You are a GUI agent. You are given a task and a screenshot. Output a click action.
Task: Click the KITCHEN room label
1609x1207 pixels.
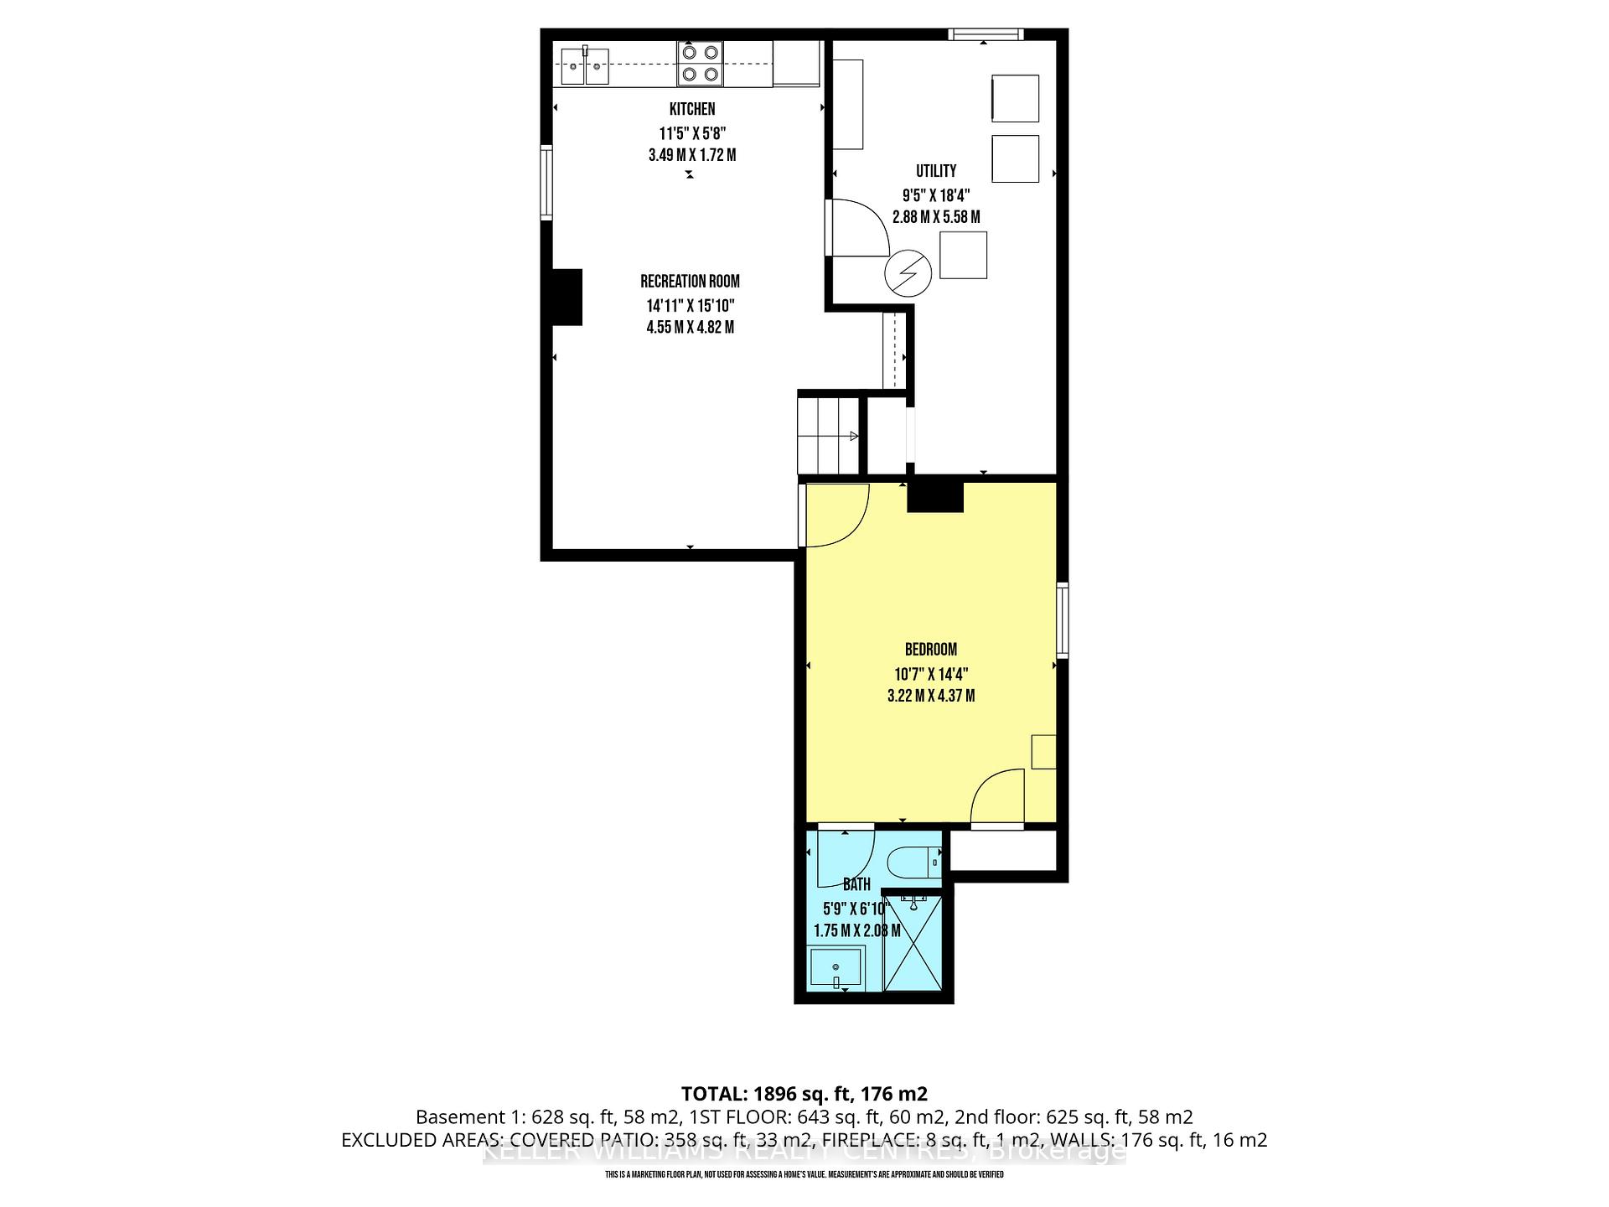(x=691, y=109)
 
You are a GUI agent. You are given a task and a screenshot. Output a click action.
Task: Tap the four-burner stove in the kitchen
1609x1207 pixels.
(x=700, y=64)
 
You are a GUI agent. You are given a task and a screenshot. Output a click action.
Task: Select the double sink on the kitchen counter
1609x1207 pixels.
(x=584, y=66)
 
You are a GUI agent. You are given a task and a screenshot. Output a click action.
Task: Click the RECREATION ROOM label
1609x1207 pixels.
(x=690, y=282)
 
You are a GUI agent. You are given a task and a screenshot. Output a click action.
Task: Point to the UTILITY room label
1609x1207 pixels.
(x=935, y=171)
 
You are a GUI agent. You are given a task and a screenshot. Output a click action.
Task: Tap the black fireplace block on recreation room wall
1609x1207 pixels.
(x=567, y=297)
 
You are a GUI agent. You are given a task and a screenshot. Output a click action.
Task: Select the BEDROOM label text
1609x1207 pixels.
(x=930, y=650)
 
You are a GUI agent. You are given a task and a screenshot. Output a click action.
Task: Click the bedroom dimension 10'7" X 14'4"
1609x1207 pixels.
(x=930, y=674)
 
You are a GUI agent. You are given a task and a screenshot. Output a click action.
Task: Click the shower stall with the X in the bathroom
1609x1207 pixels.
(x=913, y=944)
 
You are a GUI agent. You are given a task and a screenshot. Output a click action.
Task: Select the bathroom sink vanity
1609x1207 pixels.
(x=836, y=967)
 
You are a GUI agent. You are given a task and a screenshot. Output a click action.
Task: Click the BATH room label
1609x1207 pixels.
(x=856, y=884)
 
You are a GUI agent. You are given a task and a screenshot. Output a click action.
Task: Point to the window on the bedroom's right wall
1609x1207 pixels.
(x=1062, y=619)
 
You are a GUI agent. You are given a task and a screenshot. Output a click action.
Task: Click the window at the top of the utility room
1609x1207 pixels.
(x=986, y=34)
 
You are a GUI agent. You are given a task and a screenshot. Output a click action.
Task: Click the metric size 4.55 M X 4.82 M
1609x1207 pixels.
(x=690, y=328)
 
